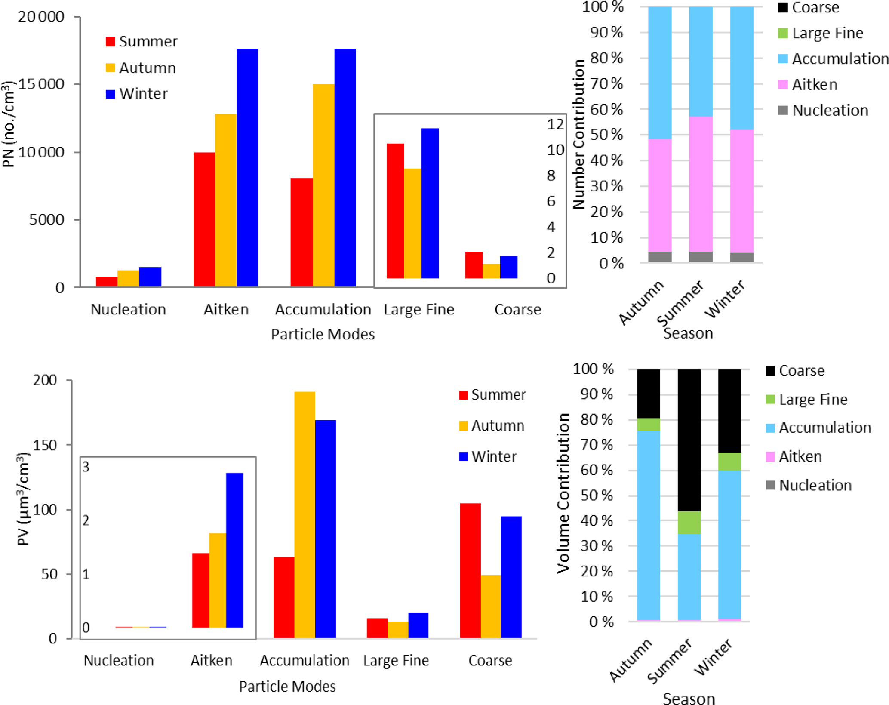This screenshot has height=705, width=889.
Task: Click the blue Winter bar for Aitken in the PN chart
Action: [x=247, y=168]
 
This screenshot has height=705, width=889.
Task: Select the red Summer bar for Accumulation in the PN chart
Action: [x=301, y=232]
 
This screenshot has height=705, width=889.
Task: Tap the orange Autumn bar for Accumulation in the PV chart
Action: [x=305, y=514]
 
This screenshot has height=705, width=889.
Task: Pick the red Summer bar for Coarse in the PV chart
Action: [x=470, y=570]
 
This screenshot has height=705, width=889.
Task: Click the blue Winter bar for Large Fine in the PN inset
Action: [x=430, y=203]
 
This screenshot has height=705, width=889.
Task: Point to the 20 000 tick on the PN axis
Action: [x=41, y=17]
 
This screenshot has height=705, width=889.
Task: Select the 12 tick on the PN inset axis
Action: [x=555, y=124]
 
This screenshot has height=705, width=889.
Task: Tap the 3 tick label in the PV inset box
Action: [x=86, y=467]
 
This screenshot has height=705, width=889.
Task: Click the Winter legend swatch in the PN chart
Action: [x=111, y=94]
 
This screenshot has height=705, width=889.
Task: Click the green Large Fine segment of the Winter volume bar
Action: [x=729, y=461]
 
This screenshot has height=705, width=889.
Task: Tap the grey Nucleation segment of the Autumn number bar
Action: [x=660, y=257]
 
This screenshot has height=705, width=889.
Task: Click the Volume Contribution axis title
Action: [x=563, y=493]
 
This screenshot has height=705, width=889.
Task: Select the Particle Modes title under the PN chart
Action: [x=323, y=334]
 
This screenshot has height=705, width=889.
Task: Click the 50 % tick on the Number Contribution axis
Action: [x=606, y=135]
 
